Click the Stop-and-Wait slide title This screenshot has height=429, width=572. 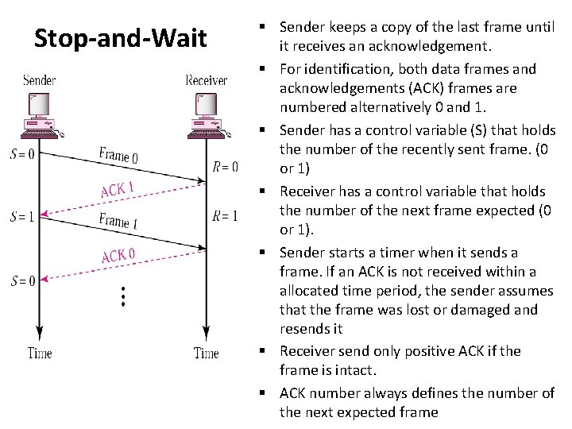click(x=119, y=38)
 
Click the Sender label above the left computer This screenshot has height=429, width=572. click(x=40, y=80)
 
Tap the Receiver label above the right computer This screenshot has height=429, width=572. click(x=207, y=80)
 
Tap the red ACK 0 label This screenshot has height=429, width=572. click(x=118, y=255)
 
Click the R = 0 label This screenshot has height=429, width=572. click(x=226, y=167)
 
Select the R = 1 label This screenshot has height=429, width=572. click(x=226, y=215)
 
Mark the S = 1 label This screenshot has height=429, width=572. click(x=22, y=216)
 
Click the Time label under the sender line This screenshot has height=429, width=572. click(x=40, y=353)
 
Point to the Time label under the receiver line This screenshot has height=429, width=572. click(x=207, y=353)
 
